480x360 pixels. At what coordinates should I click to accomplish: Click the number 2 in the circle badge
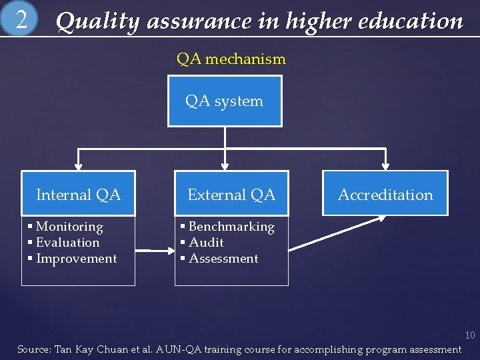[21, 20]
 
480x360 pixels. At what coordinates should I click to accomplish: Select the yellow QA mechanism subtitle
[231, 59]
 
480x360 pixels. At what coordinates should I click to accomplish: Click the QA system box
[225, 101]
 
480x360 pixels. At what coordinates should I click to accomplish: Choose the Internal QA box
[78, 195]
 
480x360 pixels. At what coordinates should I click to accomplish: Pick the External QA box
[231, 195]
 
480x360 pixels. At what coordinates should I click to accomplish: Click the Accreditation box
[385, 195]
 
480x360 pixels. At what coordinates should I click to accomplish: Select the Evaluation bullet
[67, 243]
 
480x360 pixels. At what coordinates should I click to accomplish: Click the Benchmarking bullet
[231, 227]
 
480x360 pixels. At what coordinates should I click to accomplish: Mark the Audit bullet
[205, 243]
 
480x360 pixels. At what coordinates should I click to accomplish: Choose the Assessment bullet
[223, 259]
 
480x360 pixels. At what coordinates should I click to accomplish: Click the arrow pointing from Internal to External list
[155, 251]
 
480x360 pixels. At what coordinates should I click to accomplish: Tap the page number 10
[469, 335]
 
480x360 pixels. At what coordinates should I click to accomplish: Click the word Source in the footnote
[32, 349]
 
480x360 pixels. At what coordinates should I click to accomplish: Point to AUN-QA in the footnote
[179, 349]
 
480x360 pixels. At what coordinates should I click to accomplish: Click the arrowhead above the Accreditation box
[385, 165]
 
